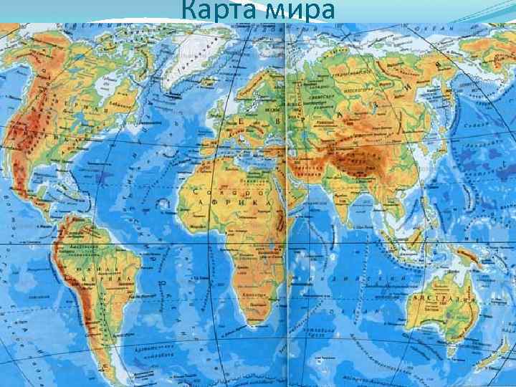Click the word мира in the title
click(x=300, y=11)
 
